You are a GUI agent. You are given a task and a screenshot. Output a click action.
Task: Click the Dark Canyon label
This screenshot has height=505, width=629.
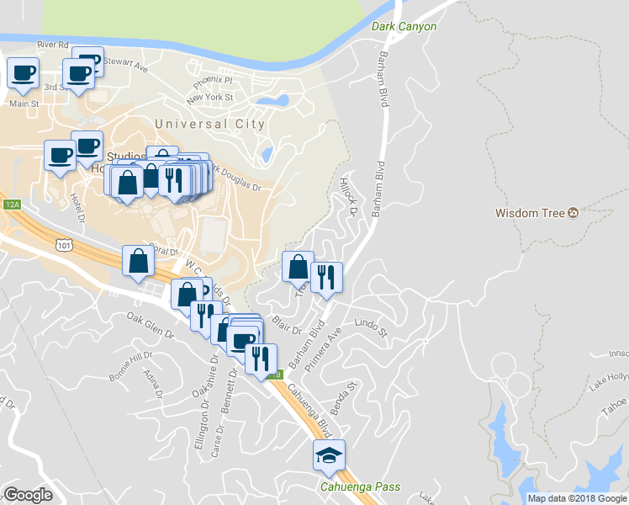pos(404,27)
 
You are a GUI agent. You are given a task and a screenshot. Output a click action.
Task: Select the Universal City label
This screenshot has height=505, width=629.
pos(209,124)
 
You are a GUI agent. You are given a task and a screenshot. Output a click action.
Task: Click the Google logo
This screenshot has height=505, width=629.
pos(28,495)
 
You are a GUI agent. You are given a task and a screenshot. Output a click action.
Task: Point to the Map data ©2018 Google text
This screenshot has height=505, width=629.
pos(577,498)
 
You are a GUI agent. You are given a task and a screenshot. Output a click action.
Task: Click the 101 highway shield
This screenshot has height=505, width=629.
pos(65,244)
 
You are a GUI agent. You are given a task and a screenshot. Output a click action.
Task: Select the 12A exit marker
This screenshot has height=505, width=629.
pos(11,205)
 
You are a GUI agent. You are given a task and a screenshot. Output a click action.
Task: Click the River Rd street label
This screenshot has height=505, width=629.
pos(52,45)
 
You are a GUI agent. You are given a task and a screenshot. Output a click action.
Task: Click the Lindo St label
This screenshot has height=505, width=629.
pos(370,327)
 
